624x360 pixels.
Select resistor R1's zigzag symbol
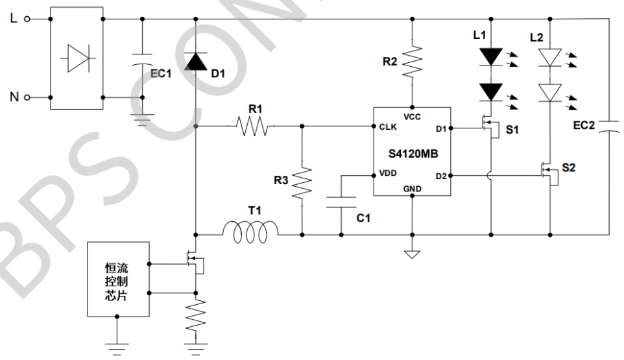point(251,126)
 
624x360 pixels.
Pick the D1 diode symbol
point(195,62)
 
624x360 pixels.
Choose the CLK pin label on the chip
point(389,127)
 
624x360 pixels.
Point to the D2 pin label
point(441,175)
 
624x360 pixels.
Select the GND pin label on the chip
point(412,189)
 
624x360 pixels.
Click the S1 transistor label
point(512,130)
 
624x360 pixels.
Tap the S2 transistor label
point(568,167)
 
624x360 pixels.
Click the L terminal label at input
point(14,19)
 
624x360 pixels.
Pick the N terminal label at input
point(14,97)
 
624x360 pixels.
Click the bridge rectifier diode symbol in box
point(76,58)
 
